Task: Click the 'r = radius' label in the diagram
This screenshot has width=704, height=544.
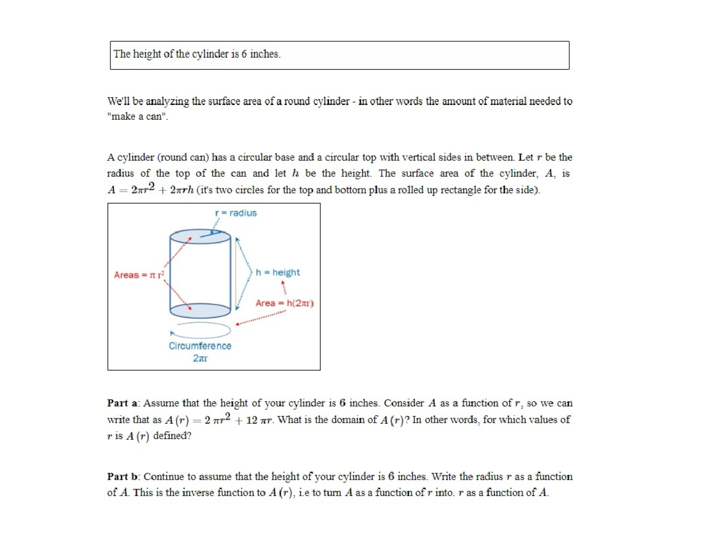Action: pyautogui.click(x=236, y=212)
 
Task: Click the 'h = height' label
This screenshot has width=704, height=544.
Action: pyautogui.click(x=278, y=272)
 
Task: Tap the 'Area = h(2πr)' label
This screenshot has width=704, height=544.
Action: pyautogui.click(x=285, y=303)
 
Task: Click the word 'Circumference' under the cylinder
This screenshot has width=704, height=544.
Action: pyautogui.click(x=200, y=346)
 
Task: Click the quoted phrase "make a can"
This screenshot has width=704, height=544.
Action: pyautogui.click(x=138, y=116)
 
